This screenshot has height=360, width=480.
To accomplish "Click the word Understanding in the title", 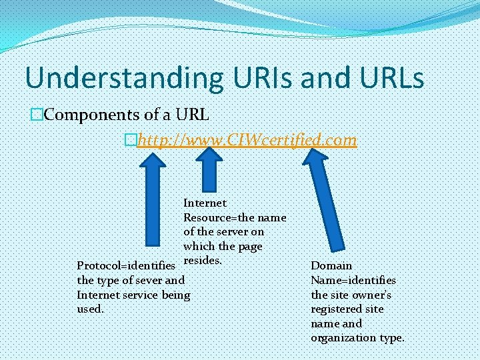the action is pos(123,78).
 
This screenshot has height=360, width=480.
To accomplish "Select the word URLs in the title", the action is pos(386,78).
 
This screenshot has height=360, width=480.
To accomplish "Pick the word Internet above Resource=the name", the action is pos(205,203).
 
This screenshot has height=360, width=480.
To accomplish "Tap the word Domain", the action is pos(331,265).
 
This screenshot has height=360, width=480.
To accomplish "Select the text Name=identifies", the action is pos(353,280).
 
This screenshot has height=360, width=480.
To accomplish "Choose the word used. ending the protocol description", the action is pos(91,309).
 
